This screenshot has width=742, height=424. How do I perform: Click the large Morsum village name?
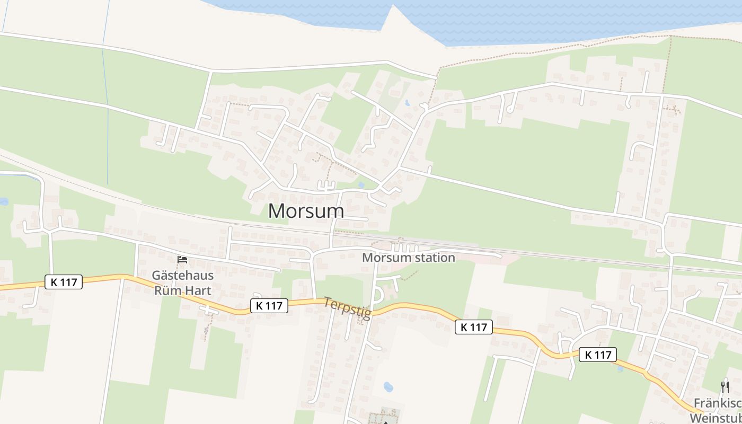(x=306, y=211)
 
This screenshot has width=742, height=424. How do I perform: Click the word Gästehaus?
(x=182, y=276)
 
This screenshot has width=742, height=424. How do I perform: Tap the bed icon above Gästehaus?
(x=182, y=260)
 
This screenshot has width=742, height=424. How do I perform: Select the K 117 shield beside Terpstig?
(x=269, y=305)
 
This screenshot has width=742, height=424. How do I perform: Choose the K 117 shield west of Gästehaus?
(x=64, y=282)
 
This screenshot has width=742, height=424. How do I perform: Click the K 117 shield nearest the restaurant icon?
(x=597, y=355)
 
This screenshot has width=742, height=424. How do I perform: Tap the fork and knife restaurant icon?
(x=725, y=387)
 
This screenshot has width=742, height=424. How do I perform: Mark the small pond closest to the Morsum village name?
(x=361, y=185)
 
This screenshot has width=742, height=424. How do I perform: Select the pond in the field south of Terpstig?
(x=388, y=387)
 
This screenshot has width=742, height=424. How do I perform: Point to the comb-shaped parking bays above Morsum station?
(x=404, y=248)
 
